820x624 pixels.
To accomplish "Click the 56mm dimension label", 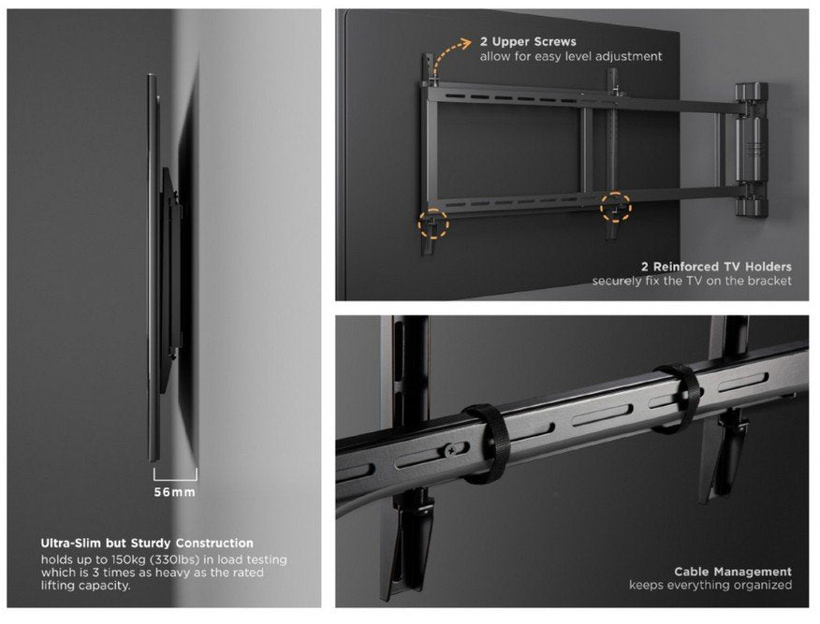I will pos(174,492).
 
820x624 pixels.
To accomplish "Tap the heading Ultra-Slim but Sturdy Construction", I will pos(147,543).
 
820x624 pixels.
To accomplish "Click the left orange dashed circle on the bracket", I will pos(433,224).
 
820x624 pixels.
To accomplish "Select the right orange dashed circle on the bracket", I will pos(615,207).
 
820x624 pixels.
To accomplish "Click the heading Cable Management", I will pos(733,571).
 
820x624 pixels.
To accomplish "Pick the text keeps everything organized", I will pos(710,586).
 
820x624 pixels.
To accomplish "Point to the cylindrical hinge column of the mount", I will pos(750,150).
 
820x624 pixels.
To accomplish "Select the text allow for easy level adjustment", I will pos(571,56).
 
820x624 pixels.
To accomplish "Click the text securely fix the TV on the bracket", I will pos(692,281).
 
